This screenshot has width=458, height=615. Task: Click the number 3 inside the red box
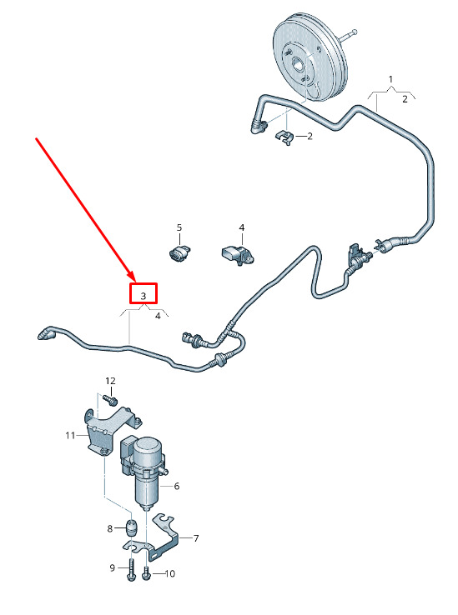pyautogui.click(x=143, y=296)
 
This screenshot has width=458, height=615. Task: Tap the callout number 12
pyautogui.click(x=110, y=381)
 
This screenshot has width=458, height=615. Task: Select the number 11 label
pyautogui.click(x=70, y=435)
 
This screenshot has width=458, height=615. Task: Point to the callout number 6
pyautogui.click(x=176, y=487)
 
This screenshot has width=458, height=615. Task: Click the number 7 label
pyautogui.click(x=195, y=538)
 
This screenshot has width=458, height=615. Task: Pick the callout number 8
pyautogui.click(x=110, y=528)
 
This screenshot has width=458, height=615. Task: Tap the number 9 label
pyautogui.click(x=113, y=568)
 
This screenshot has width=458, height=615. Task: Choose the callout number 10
pyautogui.click(x=169, y=574)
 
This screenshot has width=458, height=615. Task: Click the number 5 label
pyautogui.click(x=179, y=227)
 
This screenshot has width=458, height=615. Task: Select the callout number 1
pyautogui.click(x=390, y=79)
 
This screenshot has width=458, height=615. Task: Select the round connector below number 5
pyautogui.click(x=179, y=253)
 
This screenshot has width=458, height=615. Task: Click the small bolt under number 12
pyautogui.click(x=110, y=400)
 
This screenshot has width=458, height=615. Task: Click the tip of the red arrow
pyautogui.click(x=134, y=282)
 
